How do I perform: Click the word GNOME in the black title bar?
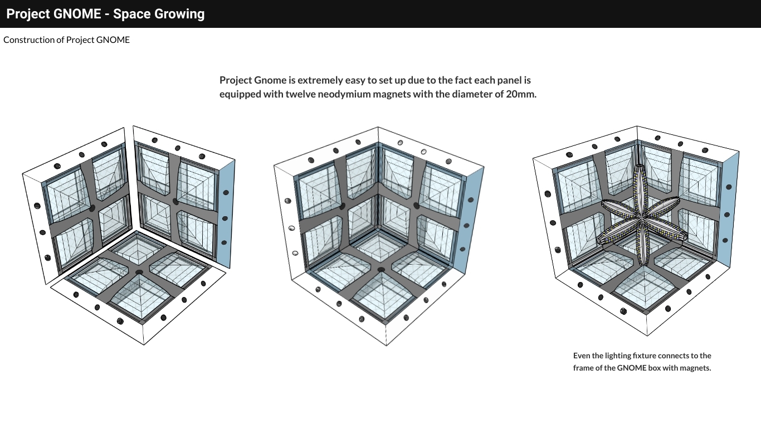[x=77, y=14]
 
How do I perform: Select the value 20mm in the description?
[x=521, y=94]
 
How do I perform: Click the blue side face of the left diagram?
[x=226, y=214]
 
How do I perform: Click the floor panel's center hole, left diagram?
[x=139, y=272]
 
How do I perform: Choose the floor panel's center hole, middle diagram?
[x=381, y=270]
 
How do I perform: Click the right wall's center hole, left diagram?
[x=175, y=202]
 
